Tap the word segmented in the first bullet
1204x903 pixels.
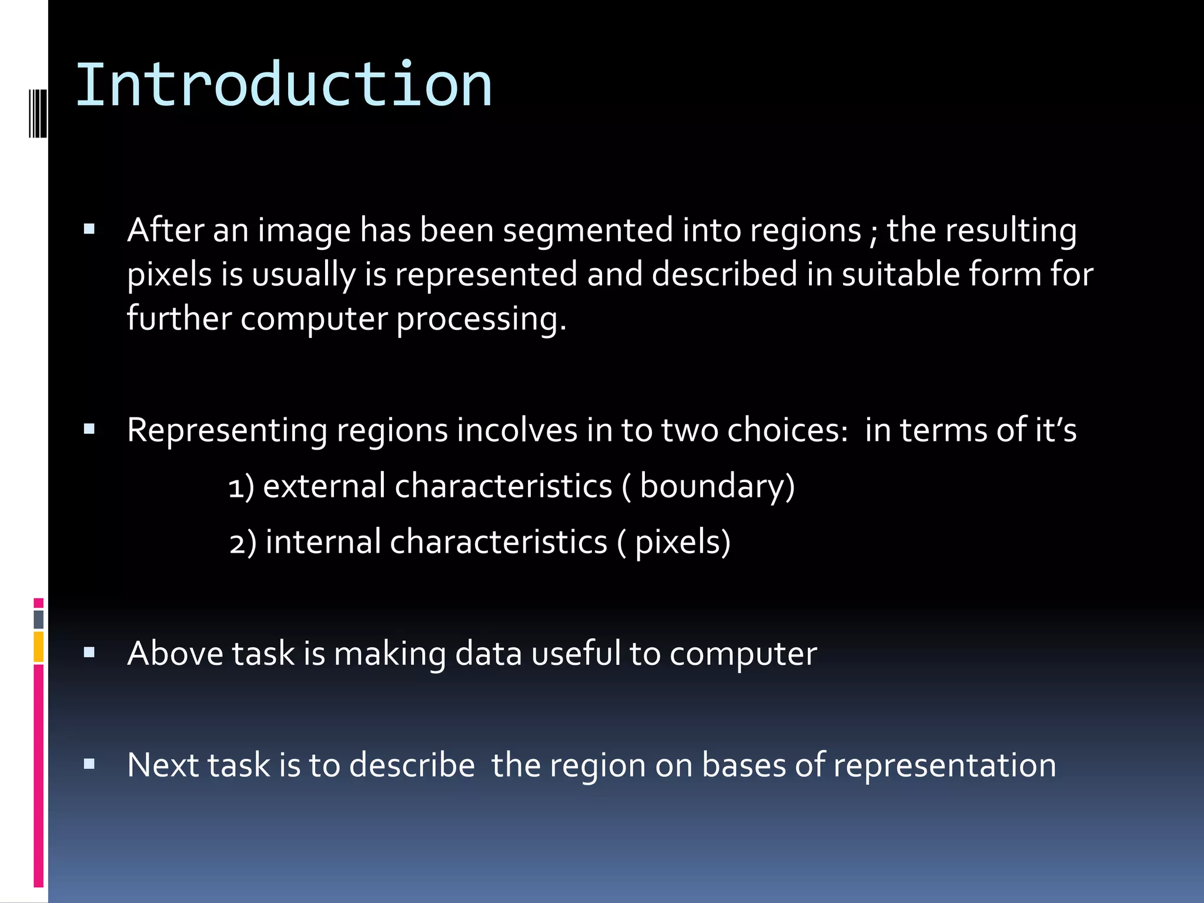588,230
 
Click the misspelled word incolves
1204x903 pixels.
517,430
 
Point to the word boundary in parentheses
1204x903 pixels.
713,487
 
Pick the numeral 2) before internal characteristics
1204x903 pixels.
242,543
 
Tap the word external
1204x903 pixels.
324,487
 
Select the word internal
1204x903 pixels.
323,542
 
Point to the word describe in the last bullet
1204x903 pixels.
412,765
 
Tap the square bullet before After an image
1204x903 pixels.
89,229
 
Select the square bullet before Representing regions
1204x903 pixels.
89,430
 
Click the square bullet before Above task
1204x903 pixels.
89,653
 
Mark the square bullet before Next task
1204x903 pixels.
89,764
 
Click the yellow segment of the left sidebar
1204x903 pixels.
39,647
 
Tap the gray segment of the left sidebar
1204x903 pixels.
39,619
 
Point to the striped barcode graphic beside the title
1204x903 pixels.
38,113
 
